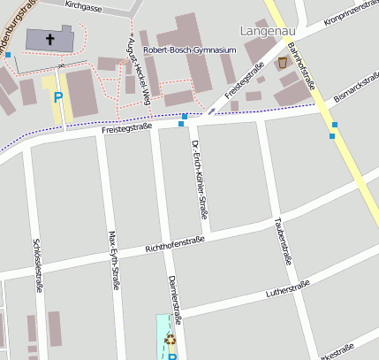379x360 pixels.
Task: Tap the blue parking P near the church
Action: tap(59, 98)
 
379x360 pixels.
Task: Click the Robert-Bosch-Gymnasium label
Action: tap(190, 50)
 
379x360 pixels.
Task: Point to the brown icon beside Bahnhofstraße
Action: tap(283, 63)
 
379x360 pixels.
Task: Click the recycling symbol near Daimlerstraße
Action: tap(170, 338)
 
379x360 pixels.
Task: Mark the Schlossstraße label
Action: tap(37, 264)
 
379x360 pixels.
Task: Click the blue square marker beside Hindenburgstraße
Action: tap(8, 55)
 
